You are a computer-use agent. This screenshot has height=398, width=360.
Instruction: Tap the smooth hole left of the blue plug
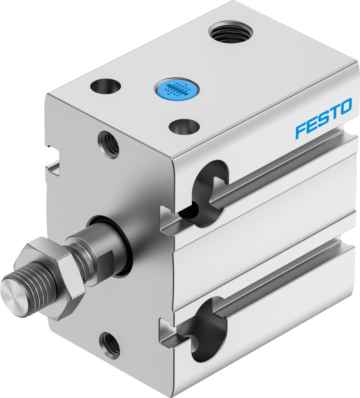(x=105, y=86)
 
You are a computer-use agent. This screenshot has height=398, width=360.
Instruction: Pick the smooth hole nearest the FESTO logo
(x=184, y=126)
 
